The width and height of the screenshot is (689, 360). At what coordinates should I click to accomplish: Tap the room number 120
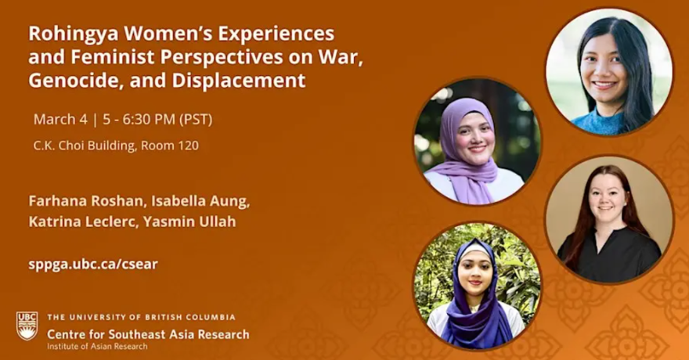tap(187, 146)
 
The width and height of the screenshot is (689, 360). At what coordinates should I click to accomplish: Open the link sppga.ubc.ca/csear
tap(93, 264)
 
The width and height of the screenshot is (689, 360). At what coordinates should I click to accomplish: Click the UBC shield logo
tap(27, 326)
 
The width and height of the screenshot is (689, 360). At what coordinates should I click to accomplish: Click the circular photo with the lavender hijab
tap(477, 142)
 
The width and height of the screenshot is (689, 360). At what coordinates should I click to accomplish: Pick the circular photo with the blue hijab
tap(477, 286)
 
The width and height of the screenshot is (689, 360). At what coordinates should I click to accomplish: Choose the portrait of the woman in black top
tap(608, 219)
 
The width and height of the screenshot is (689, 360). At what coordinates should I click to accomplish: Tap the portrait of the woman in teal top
tap(608, 72)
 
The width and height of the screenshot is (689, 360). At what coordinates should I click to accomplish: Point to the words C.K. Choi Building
tap(83, 146)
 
